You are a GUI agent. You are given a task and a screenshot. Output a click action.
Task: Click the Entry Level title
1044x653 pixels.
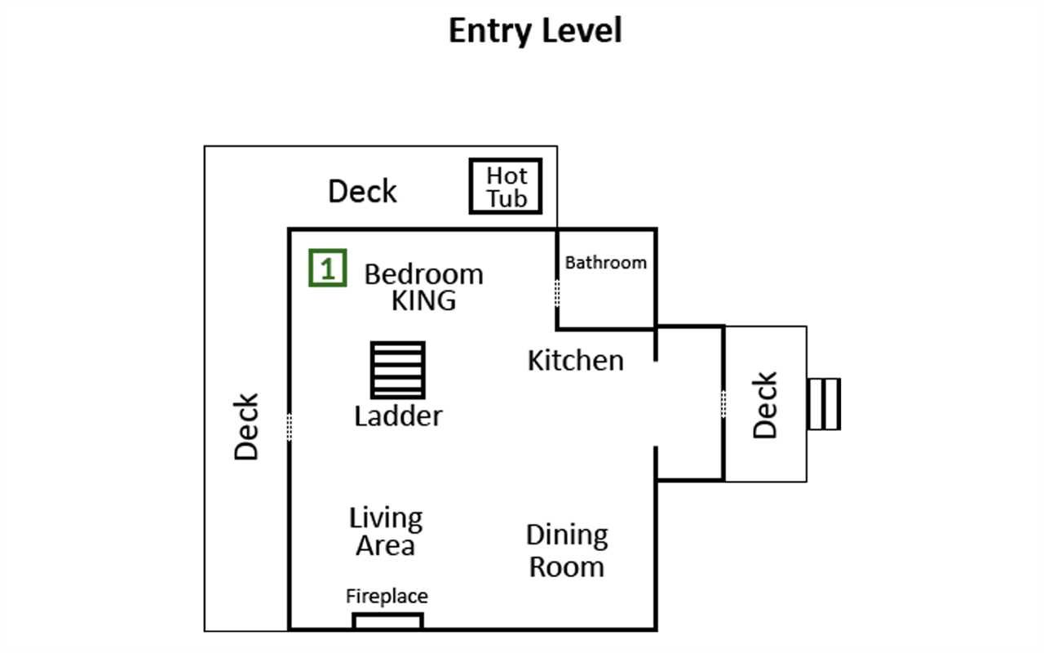point(535,31)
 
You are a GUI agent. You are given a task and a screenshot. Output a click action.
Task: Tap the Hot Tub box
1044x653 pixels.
point(506,186)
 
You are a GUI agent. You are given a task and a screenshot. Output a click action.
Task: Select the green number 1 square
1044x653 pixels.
point(328,268)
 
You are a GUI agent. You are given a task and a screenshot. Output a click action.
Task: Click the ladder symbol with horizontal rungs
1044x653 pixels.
point(397,370)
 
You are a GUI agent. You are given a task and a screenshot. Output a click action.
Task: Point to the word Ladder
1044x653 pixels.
point(398,416)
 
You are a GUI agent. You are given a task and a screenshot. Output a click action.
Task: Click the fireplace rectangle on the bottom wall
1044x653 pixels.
point(387,621)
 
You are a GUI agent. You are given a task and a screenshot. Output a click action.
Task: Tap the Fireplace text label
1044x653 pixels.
point(387,597)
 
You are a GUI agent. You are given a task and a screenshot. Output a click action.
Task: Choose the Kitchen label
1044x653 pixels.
point(576,361)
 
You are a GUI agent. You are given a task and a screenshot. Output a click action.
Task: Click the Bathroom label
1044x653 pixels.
point(606,263)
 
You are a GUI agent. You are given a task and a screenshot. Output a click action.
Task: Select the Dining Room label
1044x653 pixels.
point(567,551)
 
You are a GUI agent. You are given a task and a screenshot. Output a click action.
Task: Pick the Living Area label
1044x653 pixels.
point(386,531)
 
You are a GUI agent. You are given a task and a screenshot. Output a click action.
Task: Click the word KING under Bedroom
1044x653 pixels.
point(423,300)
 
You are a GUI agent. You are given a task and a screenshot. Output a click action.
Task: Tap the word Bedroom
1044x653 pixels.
point(423,274)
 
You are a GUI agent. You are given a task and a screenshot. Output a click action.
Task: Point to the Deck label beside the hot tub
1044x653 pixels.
point(363,191)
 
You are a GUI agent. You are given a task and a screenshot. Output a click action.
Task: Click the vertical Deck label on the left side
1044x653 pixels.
point(246,427)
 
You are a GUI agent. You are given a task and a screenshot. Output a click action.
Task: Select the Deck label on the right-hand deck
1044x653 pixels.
point(765,405)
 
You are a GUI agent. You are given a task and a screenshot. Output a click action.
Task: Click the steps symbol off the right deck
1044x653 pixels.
point(824,404)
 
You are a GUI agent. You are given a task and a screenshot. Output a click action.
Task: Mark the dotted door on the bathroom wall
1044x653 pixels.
point(557,293)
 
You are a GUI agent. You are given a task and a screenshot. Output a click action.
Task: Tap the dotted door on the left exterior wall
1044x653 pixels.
point(290,427)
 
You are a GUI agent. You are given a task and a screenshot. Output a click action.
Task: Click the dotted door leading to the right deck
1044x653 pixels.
point(723,404)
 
